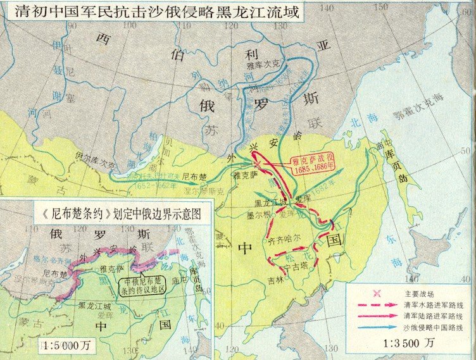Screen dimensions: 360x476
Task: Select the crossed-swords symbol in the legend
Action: pos(378,292)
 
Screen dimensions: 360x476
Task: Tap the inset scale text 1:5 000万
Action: pos(50,346)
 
